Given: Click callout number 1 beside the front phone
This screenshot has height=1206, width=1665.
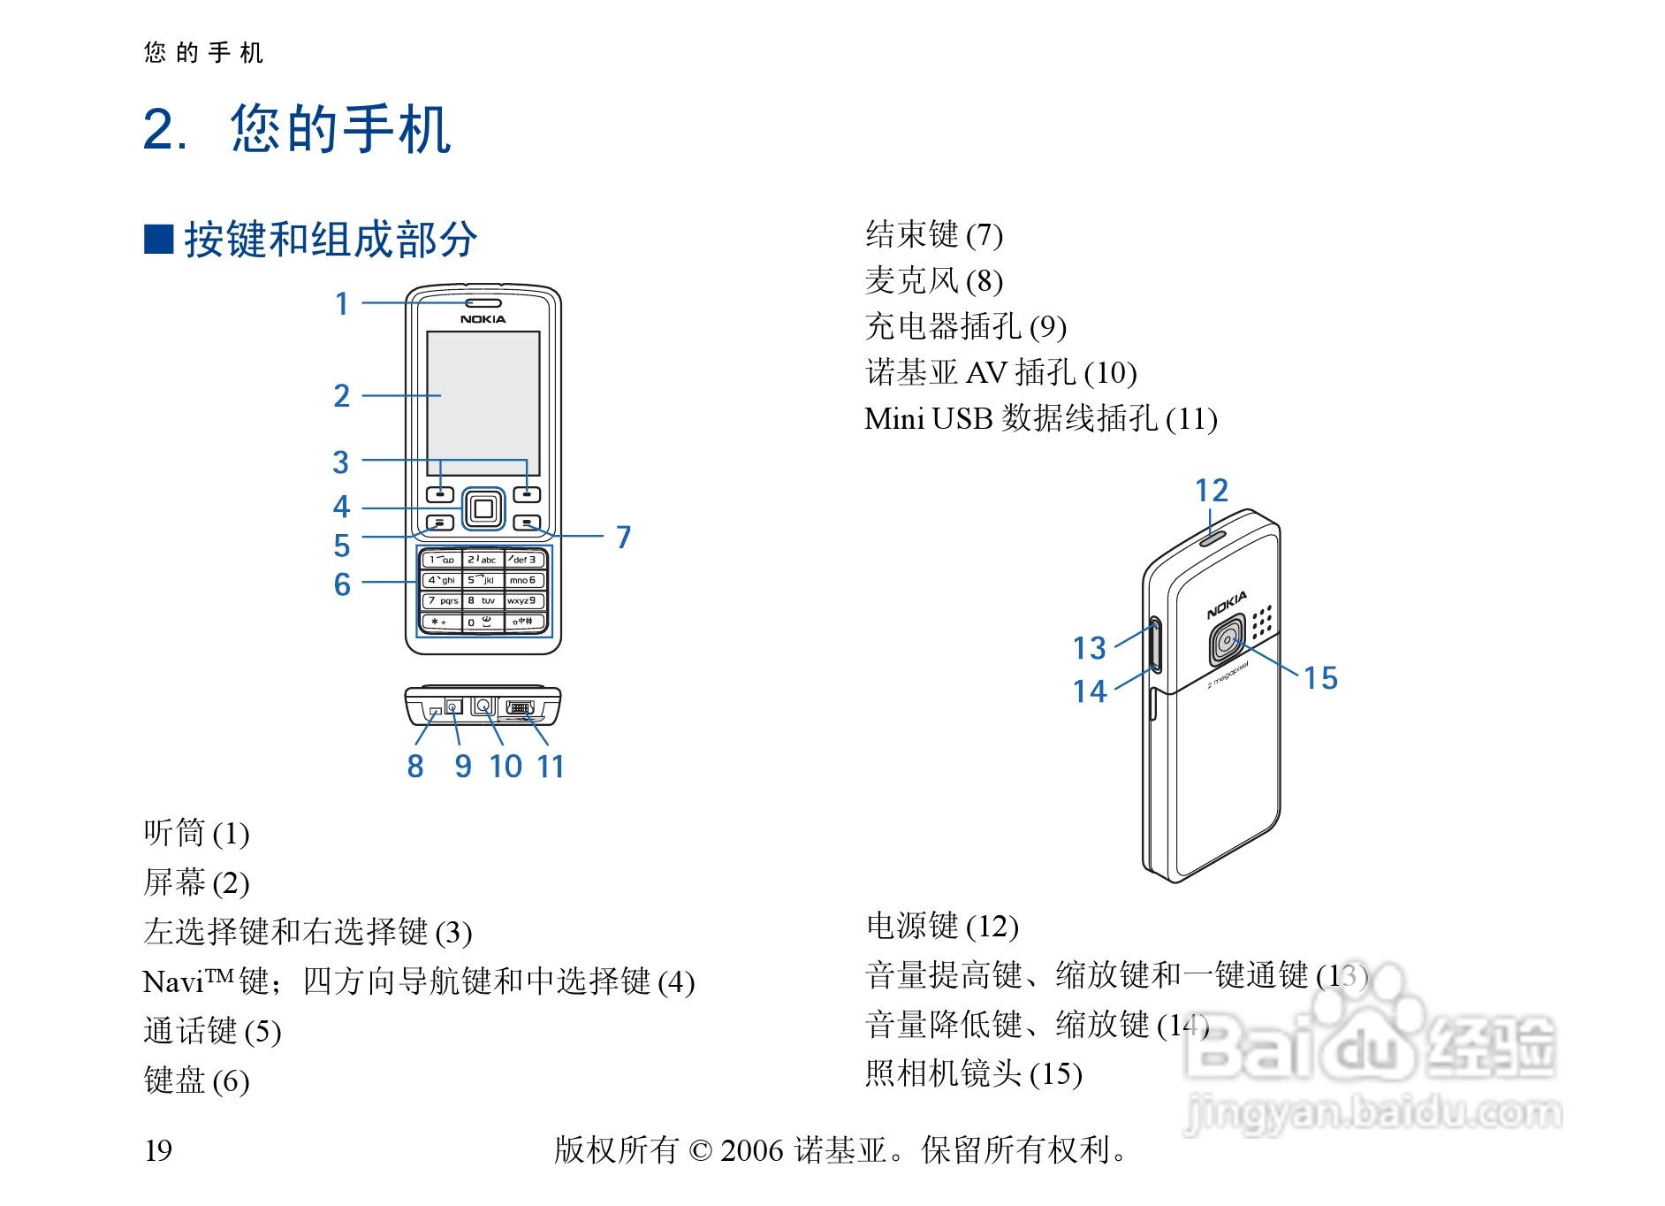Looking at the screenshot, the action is tap(342, 304).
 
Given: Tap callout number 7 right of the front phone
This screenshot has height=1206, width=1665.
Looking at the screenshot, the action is tap(624, 537).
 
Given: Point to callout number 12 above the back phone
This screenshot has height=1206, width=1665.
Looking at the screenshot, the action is tap(1211, 491).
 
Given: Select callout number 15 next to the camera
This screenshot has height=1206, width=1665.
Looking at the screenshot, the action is tap(1320, 678).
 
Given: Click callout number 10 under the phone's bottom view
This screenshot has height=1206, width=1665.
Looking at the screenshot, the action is tap(506, 767).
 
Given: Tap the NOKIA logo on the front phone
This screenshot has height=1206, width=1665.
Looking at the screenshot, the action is tap(483, 319).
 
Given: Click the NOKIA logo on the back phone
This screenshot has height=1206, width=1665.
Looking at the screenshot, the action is tap(1227, 606).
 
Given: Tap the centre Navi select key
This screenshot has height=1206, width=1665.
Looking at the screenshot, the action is tap(483, 508).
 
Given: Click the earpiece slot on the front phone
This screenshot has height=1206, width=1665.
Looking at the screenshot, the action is tap(483, 303).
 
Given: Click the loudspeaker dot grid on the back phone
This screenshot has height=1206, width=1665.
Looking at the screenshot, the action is tap(1262, 621).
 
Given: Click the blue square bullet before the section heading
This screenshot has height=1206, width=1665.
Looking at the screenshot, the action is tap(159, 240).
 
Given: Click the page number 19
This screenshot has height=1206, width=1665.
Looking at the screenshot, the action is tap(158, 1150).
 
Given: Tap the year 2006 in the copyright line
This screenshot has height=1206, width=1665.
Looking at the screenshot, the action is tap(751, 1150).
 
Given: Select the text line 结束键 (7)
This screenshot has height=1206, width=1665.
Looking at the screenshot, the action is tap(934, 235).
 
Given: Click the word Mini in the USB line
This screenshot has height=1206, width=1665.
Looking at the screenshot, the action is tap(893, 418).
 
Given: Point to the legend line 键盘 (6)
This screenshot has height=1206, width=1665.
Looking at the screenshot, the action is tap(196, 1080).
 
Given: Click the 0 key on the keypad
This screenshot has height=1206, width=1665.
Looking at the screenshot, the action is tap(483, 622).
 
